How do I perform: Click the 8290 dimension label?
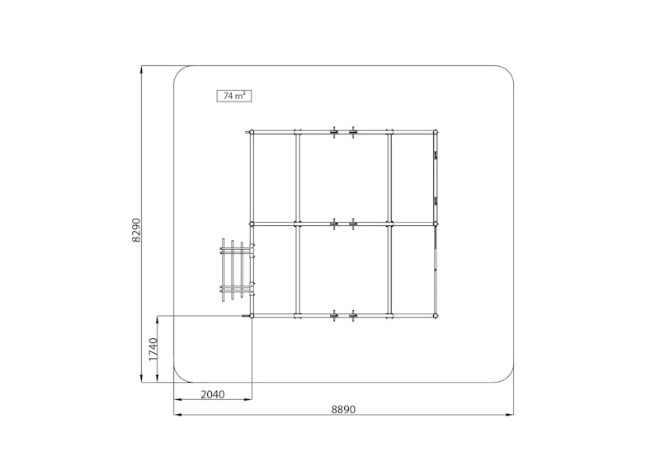tap(136, 230)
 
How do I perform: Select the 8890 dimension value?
tap(343, 409)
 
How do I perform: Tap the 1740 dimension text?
tap(153, 349)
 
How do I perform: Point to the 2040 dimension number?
tap(213, 394)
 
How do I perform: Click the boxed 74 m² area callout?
tap(234, 96)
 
